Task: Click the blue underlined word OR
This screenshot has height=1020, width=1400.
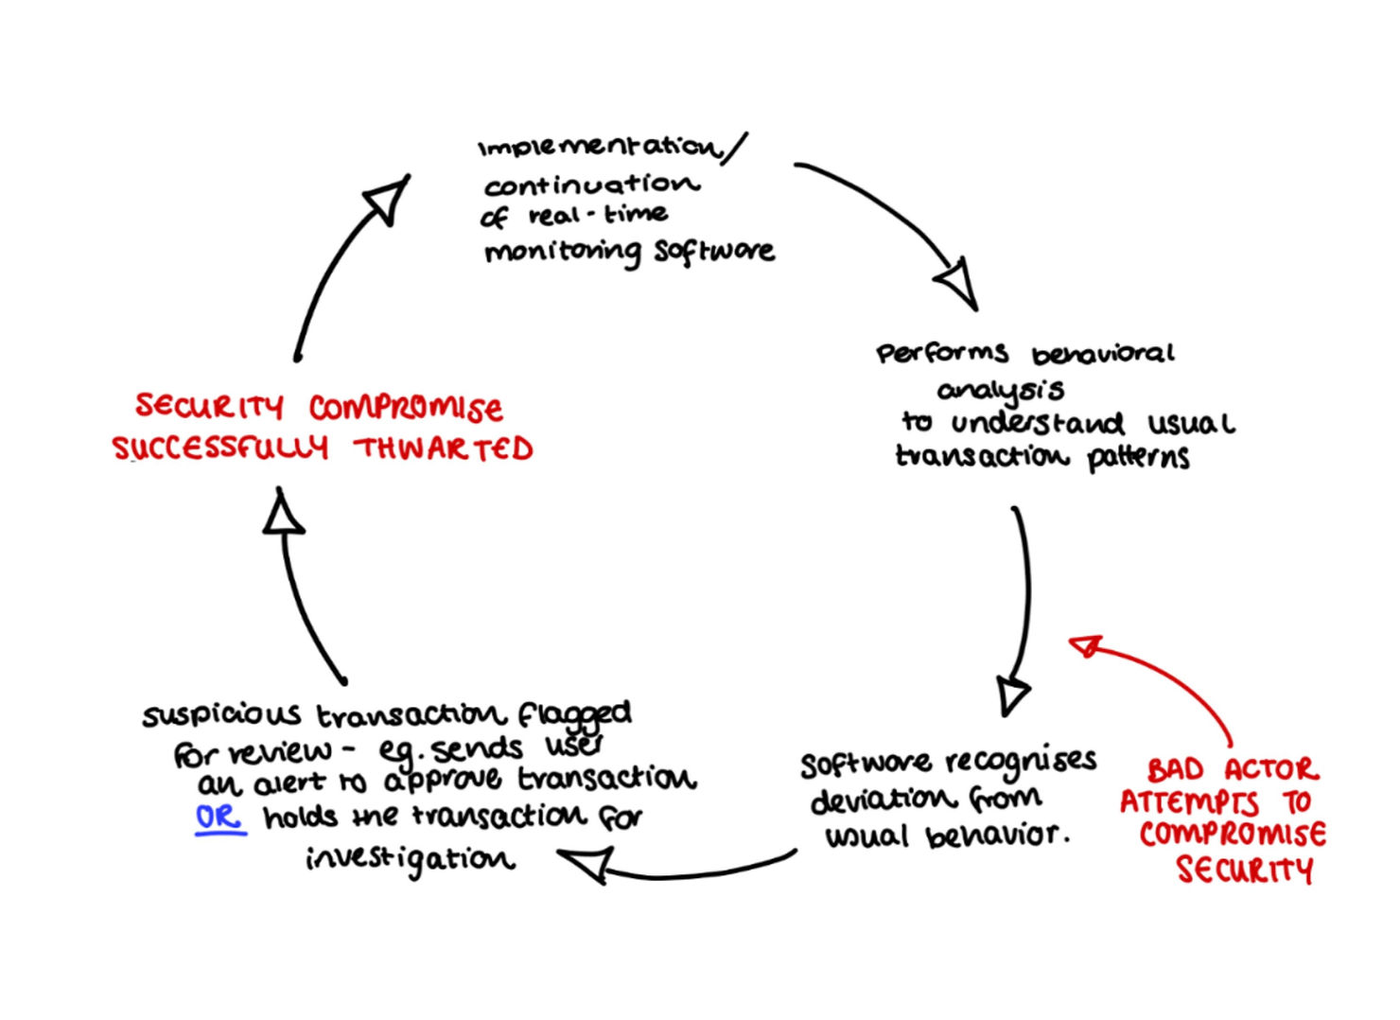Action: (x=219, y=817)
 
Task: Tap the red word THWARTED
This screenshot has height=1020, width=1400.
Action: (x=444, y=448)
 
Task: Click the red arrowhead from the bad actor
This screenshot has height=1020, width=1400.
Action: (x=1085, y=646)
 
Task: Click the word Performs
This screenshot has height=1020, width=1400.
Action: (x=941, y=354)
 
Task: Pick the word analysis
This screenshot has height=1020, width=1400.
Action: (x=1001, y=390)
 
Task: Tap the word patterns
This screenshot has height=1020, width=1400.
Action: (x=1138, y=457)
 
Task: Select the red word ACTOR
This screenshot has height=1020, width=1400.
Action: (x=1270, y=768)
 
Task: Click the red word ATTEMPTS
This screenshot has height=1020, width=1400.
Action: (x=1190, y=802)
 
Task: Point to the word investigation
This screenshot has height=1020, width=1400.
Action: (x=411, y=858)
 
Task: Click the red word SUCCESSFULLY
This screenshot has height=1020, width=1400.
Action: (x=220, y=448)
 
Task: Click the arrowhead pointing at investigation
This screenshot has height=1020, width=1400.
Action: (x=586, y=862)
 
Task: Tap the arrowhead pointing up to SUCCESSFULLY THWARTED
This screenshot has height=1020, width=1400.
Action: (x=282, y=514)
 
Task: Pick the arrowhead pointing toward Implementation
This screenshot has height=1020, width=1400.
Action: (x=388, y=198)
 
